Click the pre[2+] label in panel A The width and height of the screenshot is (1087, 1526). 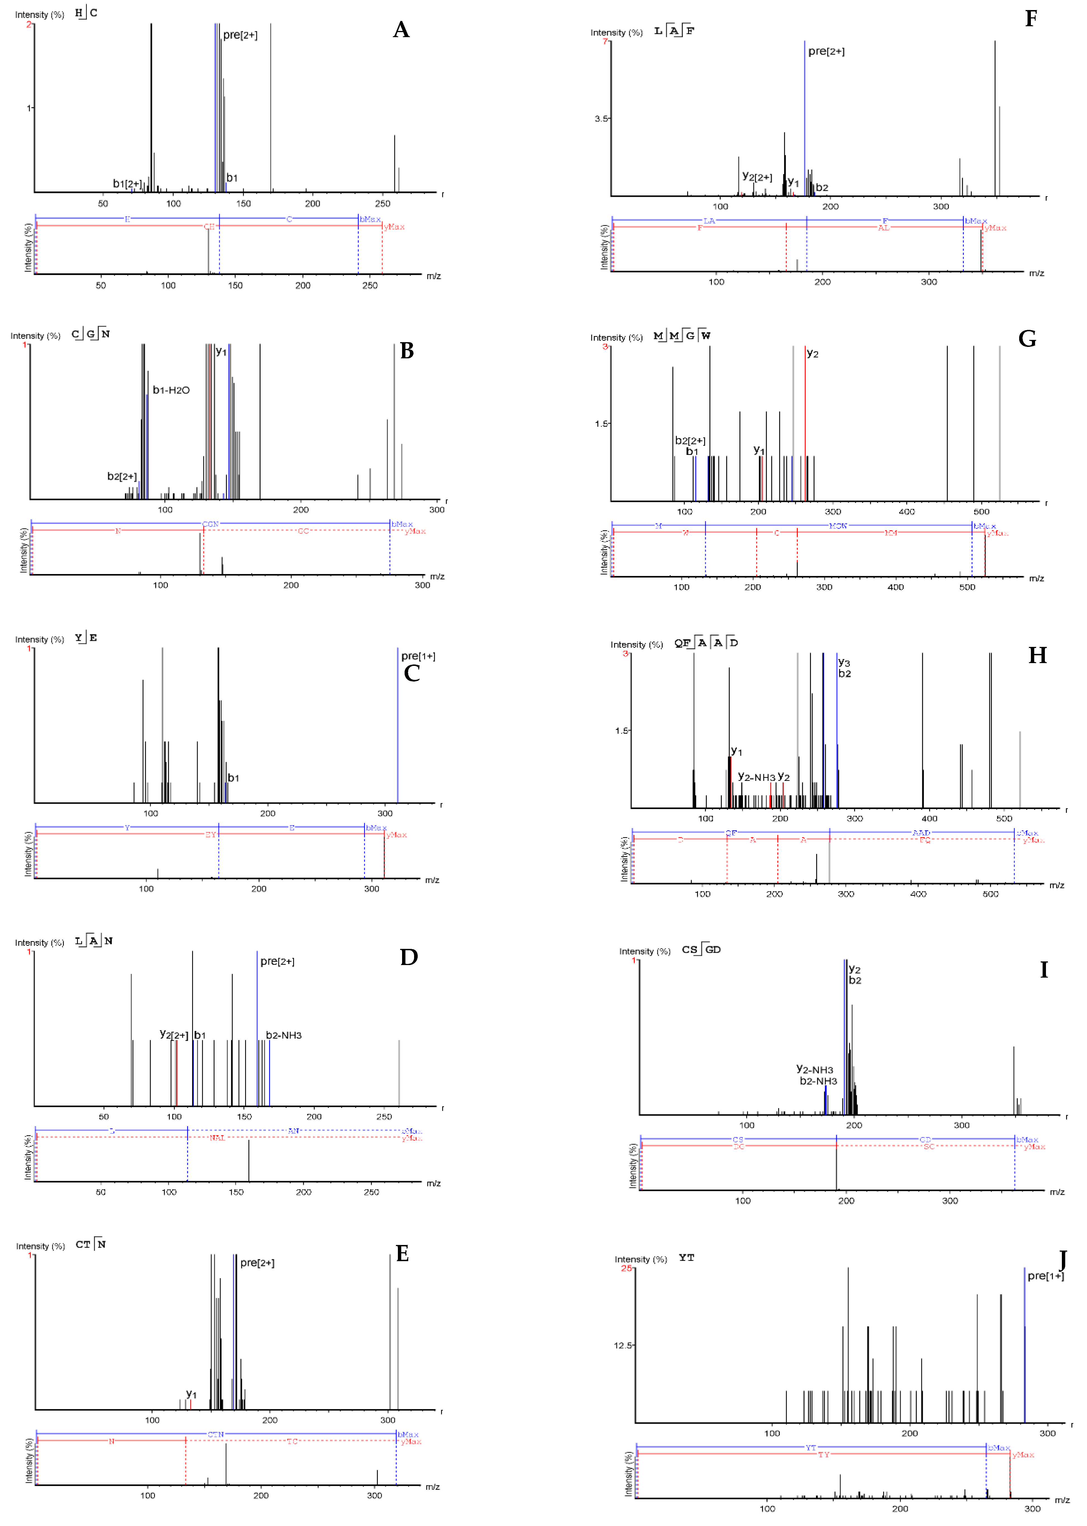pyautogui.click(x=240, y=35)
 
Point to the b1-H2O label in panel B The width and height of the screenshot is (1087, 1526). pyautogui.click(x=171, y=390)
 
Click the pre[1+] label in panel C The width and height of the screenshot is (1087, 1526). pyautogui.click(x=418, y=656)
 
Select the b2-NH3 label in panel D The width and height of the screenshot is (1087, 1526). pyautogui.click(x=284, y=1035)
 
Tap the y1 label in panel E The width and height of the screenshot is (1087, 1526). pyautogui.click(x=192, y=1393)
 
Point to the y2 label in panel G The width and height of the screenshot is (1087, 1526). pyautogui.click(x=813, y=353)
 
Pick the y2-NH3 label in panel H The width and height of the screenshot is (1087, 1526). pyautogui.click(x=756, y=777)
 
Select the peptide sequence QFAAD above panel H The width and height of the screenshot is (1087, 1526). pyautogui.click(x=706, y=643)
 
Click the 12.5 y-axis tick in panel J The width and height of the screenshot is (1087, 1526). pyautogui.click(x=622, y=1345)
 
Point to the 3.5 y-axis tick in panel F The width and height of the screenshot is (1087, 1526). pyautogui.click(x=601, y=118)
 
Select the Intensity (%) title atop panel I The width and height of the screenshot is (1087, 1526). pyautogui.click(x=644, y=951)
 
